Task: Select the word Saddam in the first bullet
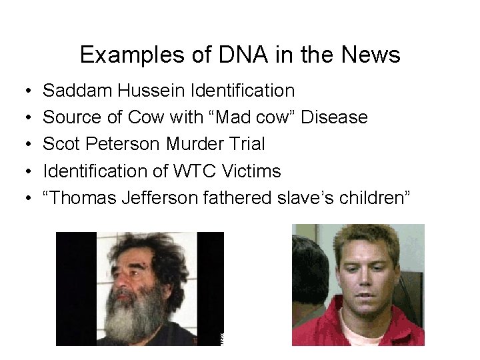(x=75, y=90)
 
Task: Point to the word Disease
(x=334, y=117)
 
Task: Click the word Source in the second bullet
(x=73, y=117)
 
